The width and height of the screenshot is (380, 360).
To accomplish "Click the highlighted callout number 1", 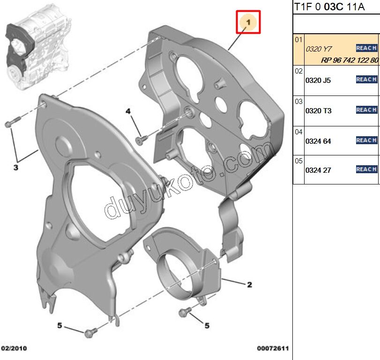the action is click(248, 22).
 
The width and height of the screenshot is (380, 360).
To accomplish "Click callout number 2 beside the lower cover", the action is click(249, 285).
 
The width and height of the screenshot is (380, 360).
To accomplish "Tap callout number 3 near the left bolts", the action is click(16, 167).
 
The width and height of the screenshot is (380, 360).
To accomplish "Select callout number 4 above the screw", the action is click(128, 111).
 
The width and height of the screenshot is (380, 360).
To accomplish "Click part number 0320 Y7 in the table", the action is click(319, 49).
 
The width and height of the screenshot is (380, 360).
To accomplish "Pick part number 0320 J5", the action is click(318, 81).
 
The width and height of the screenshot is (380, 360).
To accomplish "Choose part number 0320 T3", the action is click(318, 111).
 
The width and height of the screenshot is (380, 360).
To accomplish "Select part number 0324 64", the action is click(318, 141).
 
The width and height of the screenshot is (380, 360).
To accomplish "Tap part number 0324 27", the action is click(318, 170).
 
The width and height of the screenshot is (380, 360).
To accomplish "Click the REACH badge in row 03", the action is click(366, 110).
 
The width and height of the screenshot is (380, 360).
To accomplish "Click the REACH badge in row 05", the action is click(366, 169).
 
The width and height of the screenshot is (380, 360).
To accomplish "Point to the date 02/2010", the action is click(14, 348).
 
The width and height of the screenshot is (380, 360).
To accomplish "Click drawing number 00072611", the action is click(273, 348).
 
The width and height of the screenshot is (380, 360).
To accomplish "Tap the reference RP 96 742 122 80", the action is click(350, 60).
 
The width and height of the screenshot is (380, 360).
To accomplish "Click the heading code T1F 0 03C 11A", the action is click(329, 7).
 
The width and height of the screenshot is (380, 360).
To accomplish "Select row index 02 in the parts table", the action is click(298, 71).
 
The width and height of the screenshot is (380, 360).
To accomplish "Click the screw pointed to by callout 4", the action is click(142, 140).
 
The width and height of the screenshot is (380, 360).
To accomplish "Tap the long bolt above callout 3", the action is click(12, 122).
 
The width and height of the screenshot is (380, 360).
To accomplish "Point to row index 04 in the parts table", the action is click(298, 132).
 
